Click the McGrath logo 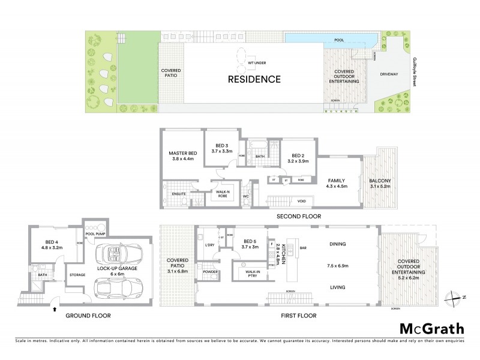[432, 329]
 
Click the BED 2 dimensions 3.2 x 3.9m [296, 161]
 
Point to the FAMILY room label [335, 179]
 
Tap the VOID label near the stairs [302, 202]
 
